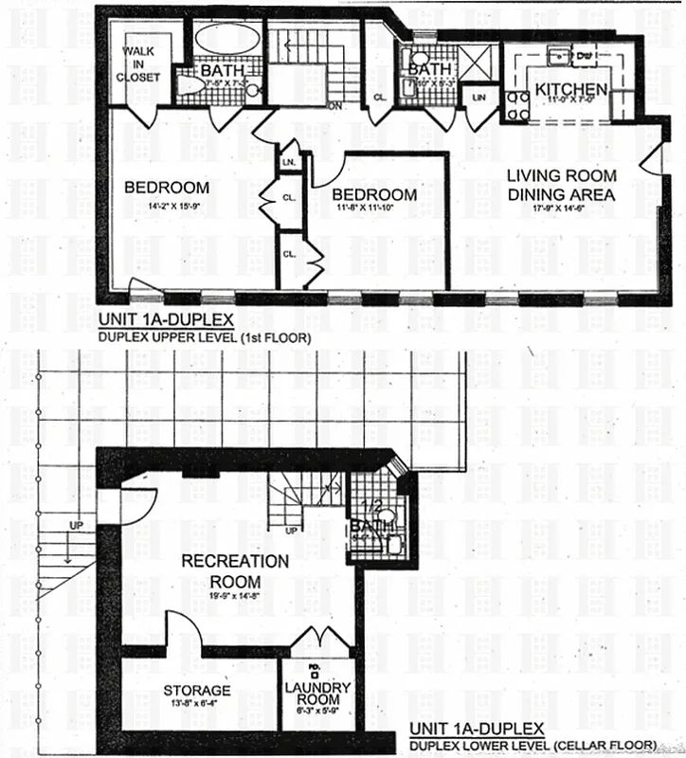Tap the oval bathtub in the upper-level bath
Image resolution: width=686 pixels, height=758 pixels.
(227, 41)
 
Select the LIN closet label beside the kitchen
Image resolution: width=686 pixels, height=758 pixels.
(479, 98)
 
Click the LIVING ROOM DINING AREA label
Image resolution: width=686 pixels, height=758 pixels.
(560, 185)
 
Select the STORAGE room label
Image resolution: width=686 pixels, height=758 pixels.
(196, 691)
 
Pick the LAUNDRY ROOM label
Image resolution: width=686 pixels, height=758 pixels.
(318, 695)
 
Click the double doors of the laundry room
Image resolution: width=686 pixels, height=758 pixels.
(318, 638)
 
